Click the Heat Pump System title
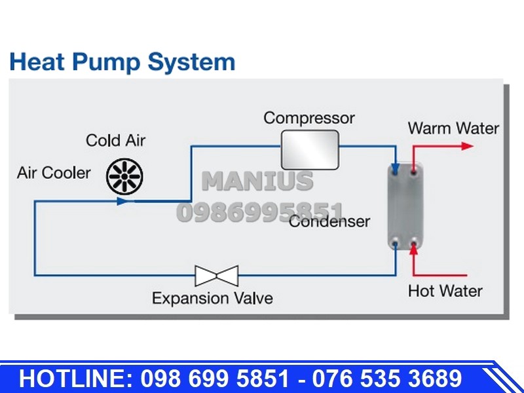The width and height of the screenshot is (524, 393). (x=122, y=62)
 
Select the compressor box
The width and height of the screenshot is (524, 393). (x=310, y=150)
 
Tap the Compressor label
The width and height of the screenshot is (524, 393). (x=309, y=119)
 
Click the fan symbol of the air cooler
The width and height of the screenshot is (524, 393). (x=124, y=176)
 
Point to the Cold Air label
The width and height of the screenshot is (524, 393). (x=116, y=140)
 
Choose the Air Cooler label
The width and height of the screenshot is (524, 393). (x=54, y=173)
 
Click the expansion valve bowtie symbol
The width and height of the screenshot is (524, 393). (x=217, y=276)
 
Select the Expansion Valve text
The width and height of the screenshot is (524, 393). (x=212, y=298)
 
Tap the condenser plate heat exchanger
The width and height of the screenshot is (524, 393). (x=405, y=207)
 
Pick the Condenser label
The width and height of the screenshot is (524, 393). (x=329, y=221)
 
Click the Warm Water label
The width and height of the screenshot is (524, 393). (x=453, y=128)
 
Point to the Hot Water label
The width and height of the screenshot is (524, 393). (x=445, y=291)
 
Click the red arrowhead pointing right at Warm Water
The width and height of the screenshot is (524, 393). (x=467, y=146)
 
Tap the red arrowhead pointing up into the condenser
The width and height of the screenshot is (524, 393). (x=414, y=250)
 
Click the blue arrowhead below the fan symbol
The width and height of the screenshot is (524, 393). (x=123, y=201)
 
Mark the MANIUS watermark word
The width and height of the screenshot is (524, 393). (x=257, y=181)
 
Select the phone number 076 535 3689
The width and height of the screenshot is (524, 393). (x=387, y=379)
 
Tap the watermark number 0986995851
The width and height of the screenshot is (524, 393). (x=260, y=212)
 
